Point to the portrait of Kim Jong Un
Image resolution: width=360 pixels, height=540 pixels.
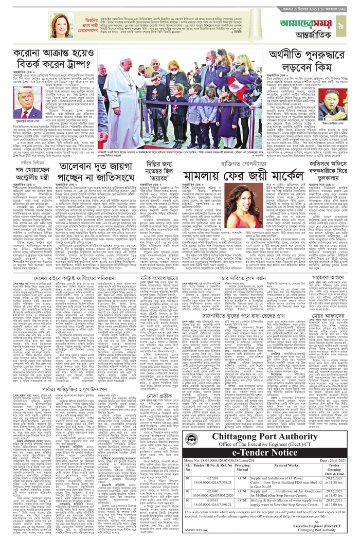click(x=327, y=105)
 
